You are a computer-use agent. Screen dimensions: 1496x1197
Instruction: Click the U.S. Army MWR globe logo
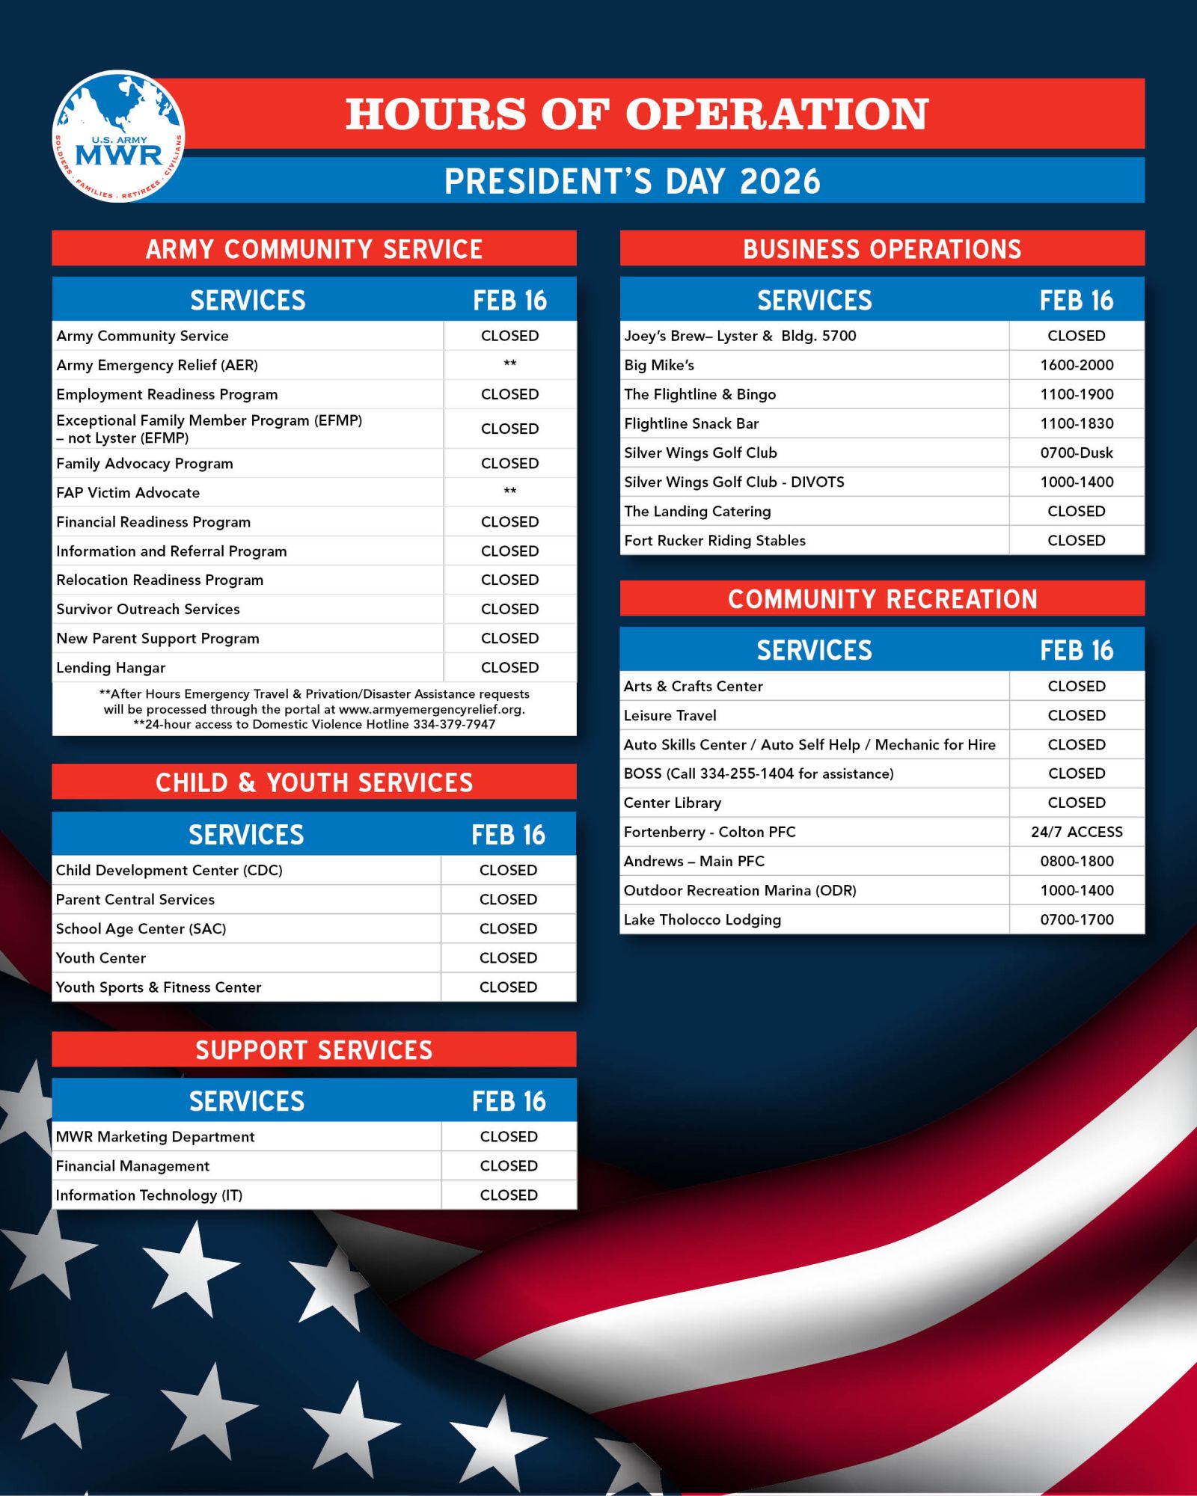(118, 136)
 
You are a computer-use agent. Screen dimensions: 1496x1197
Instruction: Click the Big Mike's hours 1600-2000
(1076, 365)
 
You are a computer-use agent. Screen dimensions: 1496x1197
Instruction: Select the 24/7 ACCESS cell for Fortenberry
(1076, 832)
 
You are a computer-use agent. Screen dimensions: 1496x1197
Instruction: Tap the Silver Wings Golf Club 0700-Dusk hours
(1076, 453)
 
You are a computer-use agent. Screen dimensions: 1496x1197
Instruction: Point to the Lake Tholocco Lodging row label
(702, 919)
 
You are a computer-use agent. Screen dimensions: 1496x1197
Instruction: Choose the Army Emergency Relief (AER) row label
(157, 365)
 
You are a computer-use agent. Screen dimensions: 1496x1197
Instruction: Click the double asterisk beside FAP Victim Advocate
(509, 491)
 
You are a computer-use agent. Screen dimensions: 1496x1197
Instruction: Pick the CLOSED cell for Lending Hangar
(509, 667)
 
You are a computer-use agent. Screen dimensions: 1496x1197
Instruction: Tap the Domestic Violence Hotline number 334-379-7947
(453, 724)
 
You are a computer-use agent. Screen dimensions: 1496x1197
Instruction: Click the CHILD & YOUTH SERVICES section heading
(314, 782)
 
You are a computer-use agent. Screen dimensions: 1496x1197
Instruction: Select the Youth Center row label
(101, 957)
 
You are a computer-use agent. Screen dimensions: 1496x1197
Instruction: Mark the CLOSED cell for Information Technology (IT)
(509, 1195)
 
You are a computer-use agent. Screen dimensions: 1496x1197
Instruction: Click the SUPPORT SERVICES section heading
(314, 1050)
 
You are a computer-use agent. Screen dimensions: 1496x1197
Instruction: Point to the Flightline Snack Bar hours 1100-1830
(1076, 423)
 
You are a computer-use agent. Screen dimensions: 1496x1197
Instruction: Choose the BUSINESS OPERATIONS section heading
(882, 249)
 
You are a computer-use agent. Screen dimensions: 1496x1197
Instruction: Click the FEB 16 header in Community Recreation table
(1076, 650)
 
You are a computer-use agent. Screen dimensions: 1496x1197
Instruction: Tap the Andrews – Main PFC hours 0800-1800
(1076, 861)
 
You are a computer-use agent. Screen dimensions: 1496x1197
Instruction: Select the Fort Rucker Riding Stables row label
(714, 540)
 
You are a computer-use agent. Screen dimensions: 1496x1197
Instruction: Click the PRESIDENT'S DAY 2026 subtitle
(632, 181)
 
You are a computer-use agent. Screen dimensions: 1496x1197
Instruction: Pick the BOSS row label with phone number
(759, 773)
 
